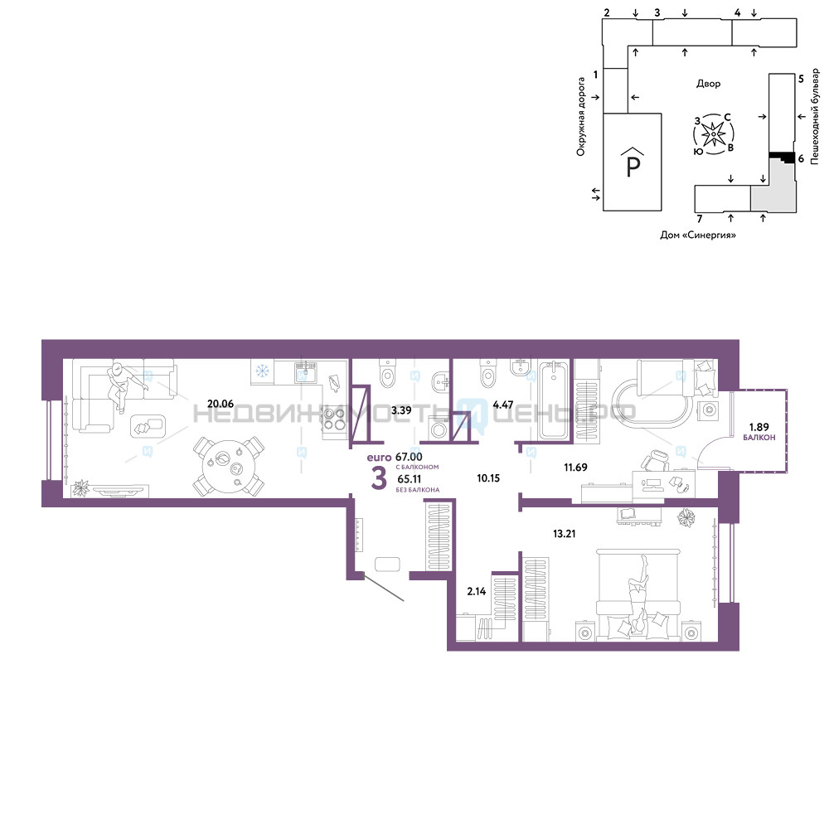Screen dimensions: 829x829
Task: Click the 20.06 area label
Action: [x=221, y=404]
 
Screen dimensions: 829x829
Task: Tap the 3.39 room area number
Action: [x=401, y=410]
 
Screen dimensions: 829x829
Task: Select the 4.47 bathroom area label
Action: [x=503, y=405]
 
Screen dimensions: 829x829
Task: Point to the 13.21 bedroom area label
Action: [x=564, y=533]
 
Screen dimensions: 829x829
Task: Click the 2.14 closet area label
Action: [x=477, y=591]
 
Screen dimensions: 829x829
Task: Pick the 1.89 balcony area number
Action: [x=759, y=427]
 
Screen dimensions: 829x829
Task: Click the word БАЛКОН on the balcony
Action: [x=759, y=437]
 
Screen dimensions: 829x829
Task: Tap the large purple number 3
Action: [x=379, y=479]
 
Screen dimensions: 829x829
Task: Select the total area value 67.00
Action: [x=409, y=457]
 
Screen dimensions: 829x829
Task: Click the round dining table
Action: [x=229, y=466]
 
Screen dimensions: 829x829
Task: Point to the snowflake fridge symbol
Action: [x=262, y=371]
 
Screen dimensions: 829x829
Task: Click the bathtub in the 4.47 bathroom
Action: [x=554, y=400]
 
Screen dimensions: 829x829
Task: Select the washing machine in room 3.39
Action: [x=439, y=429]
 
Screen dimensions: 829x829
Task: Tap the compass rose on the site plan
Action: [x=714, y=134]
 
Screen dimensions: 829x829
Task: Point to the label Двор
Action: [x=708, y=84]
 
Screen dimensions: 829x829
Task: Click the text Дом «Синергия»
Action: [x=698, y=235]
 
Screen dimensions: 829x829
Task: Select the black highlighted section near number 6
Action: [x=782, y=157]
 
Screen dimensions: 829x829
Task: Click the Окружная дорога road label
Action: [x=581, y=117]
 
